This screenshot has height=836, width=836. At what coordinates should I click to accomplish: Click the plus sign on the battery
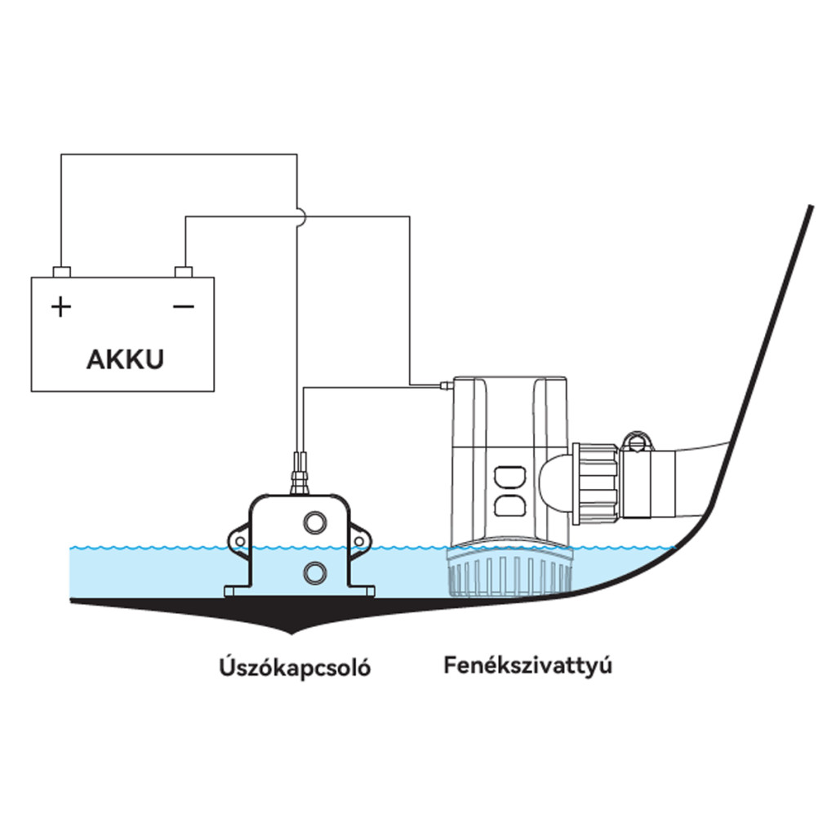[x=61, y=307]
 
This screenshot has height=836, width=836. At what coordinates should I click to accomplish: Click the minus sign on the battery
[x=184, y=307]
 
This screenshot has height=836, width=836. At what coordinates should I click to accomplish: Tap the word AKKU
[x=125, y=359]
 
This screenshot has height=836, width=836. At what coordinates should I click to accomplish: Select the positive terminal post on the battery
[x=62, y=272]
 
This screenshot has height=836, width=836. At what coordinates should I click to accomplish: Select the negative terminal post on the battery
[x=184, y=272]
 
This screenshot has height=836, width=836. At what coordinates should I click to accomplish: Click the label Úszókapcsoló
[x=295, y=667]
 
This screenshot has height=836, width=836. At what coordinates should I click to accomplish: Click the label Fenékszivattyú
[x=528, y=666]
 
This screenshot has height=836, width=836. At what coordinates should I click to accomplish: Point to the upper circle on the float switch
[x=314, y=522]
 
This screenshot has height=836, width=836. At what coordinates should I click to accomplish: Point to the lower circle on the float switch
[x=314, y=574]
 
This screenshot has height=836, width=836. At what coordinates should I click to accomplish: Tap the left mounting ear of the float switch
[x=238, y=541]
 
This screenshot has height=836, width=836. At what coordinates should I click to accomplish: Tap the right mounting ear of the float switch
[x=359, y=541]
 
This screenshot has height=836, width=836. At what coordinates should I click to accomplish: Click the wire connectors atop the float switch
[x=299, y=473]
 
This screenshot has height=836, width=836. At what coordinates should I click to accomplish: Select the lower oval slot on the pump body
[x=509, y=505]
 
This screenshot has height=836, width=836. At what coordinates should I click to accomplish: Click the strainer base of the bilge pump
[x=509, y=573]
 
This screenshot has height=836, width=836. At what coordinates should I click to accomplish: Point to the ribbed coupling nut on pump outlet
[x=595, y=483]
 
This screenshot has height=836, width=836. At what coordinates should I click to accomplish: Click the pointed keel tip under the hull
[x=291, y=633]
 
